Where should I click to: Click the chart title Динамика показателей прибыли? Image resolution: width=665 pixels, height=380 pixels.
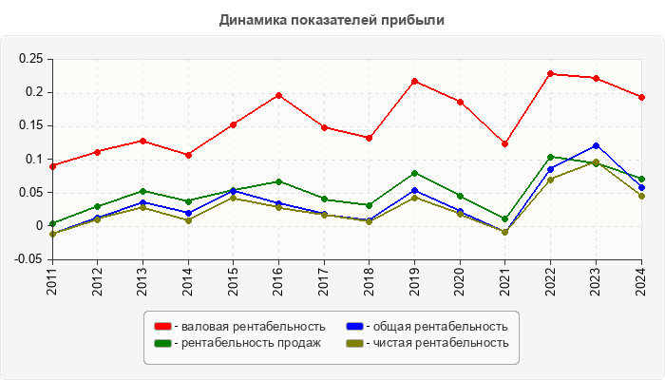(332, 19)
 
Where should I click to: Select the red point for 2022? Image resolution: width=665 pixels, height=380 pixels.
(551, 73)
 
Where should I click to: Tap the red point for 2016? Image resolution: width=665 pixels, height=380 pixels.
(278, 95)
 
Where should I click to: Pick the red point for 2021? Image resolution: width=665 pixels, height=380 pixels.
(505, 143)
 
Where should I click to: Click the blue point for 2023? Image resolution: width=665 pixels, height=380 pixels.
(597, 145)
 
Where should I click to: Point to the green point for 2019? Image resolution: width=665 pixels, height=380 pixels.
(415, 173)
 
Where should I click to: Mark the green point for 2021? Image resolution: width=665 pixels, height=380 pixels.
(505, 218)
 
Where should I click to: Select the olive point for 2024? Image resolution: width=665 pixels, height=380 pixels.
(642, 196)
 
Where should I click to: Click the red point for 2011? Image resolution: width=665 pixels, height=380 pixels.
(52, 166)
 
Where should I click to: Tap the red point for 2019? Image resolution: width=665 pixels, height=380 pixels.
(415, 81)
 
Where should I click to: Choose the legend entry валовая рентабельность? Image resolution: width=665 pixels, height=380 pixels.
(243, 326)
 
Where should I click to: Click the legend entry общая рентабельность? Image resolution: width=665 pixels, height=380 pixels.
(433, 326)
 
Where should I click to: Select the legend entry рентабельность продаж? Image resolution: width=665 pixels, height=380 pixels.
(241, 343)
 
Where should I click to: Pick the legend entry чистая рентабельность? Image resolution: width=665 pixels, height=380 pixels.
(433, 343)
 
